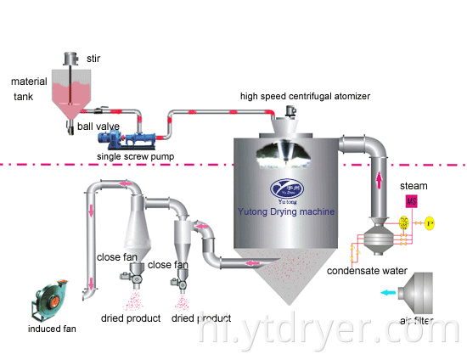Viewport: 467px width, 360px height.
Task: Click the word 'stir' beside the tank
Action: point(93,59)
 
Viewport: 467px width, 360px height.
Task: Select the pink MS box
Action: point(411,201)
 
